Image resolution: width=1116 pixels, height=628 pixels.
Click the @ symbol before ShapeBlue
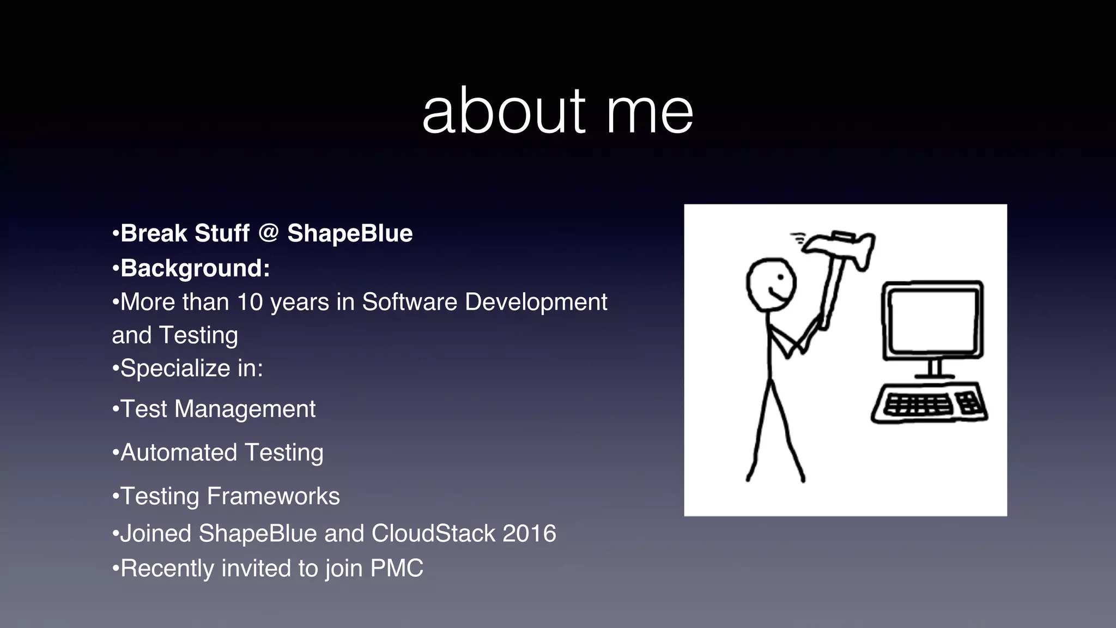(268, 233)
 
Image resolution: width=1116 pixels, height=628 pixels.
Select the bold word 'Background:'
(195, 268)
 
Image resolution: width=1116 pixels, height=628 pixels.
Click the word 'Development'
(536, 302)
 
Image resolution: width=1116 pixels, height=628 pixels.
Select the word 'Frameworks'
(273, 496)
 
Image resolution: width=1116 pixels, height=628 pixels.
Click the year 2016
(529, 533)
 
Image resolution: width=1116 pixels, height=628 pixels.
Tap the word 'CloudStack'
(433, 533)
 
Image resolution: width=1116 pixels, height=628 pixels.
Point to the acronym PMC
(396, 568)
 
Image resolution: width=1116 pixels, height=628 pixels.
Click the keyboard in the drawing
(930, 404)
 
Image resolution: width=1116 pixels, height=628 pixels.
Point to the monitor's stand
(934, 369)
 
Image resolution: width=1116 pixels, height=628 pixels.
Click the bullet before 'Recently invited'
(115, 569)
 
